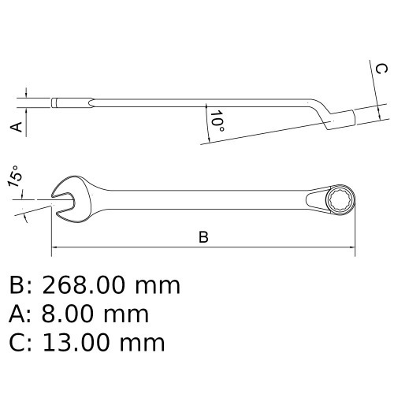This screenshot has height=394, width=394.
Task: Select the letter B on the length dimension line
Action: [203, 238]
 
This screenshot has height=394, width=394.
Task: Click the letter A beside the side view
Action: [13, 125]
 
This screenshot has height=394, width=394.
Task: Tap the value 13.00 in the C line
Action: [83, 343]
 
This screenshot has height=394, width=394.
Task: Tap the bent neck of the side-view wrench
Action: [318, 110]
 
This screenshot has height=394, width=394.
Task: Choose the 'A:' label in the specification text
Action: [22, 314]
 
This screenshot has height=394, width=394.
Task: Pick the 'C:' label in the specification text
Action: [22, 343]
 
